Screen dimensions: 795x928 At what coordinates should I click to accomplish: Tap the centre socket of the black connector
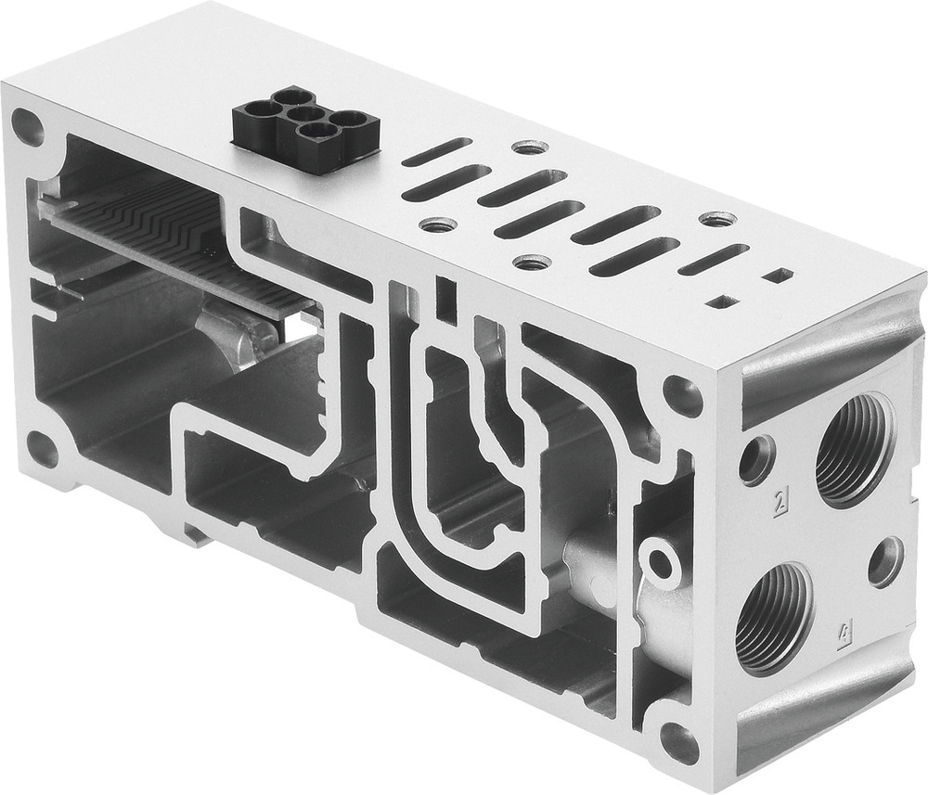pos(299,115)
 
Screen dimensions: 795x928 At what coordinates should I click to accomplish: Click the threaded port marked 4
pos(774,617)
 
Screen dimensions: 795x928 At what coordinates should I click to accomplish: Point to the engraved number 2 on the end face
pos(781,504)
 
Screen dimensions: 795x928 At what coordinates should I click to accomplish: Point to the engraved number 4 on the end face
pos(844,636)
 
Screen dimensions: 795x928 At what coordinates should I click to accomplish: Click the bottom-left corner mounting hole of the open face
pos(42,449)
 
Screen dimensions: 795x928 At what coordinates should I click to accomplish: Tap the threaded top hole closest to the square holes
pos(716,220)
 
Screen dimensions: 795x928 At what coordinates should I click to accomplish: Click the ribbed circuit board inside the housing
pos(176,237)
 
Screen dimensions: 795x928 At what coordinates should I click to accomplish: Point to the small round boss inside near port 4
pos(661,561)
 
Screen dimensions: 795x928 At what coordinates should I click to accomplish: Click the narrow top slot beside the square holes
pos(713,259)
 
